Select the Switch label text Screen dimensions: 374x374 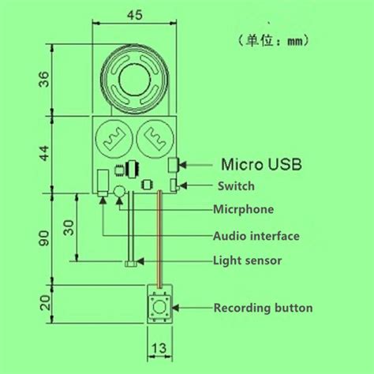coord(237,186)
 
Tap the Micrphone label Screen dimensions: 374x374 coord(244,209)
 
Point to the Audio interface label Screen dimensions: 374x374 coord(256,235)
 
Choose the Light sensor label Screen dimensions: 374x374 coord(248,260)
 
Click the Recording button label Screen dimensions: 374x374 coord(263,308)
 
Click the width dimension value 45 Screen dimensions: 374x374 coord(136,14)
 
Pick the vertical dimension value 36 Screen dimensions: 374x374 coord(44,80)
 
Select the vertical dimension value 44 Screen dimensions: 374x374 coord(44,153)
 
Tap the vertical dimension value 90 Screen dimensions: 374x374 coord(44,237)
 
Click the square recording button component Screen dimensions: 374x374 coord(159,306)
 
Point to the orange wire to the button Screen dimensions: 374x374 coord(159,237)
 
